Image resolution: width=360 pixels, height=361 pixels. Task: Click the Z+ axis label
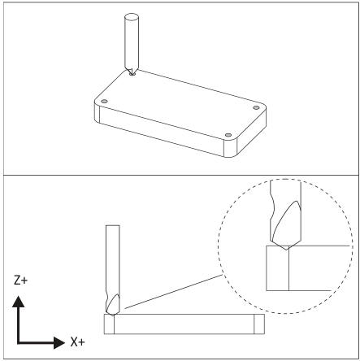(x=20, y=280)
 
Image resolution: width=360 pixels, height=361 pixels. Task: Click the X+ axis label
(x=77, y=342)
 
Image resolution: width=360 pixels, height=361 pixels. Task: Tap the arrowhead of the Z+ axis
(x=19, y=302)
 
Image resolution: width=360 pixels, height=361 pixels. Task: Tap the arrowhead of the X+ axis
(x=59, y=343)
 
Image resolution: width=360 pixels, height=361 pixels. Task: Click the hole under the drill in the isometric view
(x=132, y=73)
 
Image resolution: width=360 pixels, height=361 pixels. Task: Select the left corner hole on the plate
(x=104, y=102)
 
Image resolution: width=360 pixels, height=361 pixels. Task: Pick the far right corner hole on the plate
(x=256, y=108)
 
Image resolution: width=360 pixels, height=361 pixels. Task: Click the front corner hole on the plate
(x=228, y=135)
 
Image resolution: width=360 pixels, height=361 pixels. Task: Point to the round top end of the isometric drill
(x=132, y=18)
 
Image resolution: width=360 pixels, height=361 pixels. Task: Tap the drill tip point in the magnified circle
(x=286, y=250)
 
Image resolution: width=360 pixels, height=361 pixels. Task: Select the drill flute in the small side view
(x=113, y=303)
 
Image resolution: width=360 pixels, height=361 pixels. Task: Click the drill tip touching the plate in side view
(x=113, y=315)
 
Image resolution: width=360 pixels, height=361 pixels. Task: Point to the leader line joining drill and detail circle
(x=173, y=292)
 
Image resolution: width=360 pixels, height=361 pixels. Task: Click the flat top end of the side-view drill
(x=113, y=225)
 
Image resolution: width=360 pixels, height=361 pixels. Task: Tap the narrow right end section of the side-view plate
(x=259, y=324)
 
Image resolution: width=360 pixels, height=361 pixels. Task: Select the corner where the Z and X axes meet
(x=18, y=343)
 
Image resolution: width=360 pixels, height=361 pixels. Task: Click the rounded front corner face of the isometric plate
(x=231, y=148)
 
